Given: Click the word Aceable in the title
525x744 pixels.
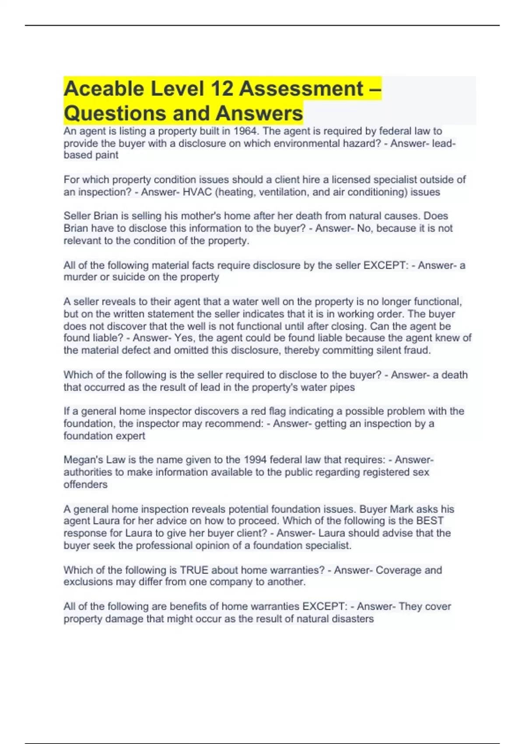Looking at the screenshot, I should [104, 89].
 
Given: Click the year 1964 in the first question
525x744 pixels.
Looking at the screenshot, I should [245, 131].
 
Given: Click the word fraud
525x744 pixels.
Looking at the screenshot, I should [418, 351].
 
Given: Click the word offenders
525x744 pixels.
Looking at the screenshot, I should [85, 484].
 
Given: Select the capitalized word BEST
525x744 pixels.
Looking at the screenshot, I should [430, 521].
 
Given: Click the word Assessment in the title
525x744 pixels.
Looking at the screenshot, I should [301, 89].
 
